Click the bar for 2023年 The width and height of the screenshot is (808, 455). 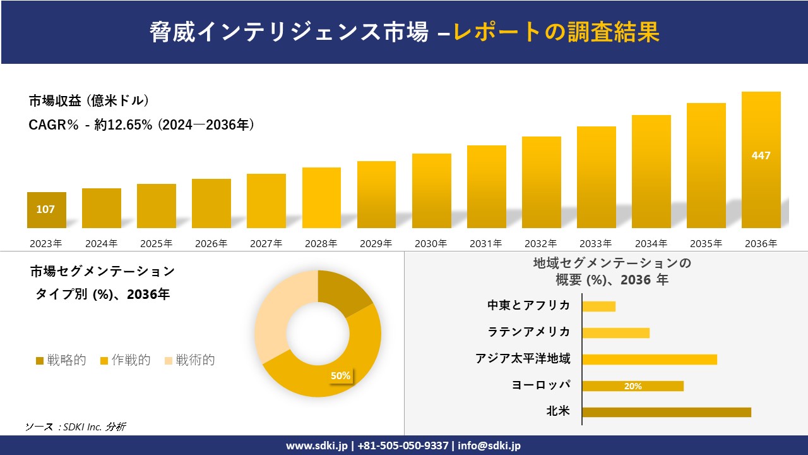coord(46,210)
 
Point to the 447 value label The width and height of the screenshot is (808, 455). coord(761,155)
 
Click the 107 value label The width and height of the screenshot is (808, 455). coord(45,209)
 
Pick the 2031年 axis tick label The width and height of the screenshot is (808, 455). coord(486,243)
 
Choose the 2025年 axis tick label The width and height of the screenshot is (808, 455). coord(156,243)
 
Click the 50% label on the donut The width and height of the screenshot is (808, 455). coord(340,375)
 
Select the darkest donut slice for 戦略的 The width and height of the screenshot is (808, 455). coord(344,292)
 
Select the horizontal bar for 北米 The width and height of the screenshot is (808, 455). coord(666,412)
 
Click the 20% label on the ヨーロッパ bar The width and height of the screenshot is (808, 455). coord(633,386)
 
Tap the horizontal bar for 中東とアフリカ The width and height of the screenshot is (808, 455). coord(598,306)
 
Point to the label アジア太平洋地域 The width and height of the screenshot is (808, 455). coord(523,359)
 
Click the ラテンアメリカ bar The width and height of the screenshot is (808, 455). coord(615,332)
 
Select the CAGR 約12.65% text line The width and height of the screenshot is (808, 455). coord(141,125)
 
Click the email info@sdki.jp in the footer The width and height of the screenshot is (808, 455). coord(489,446)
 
